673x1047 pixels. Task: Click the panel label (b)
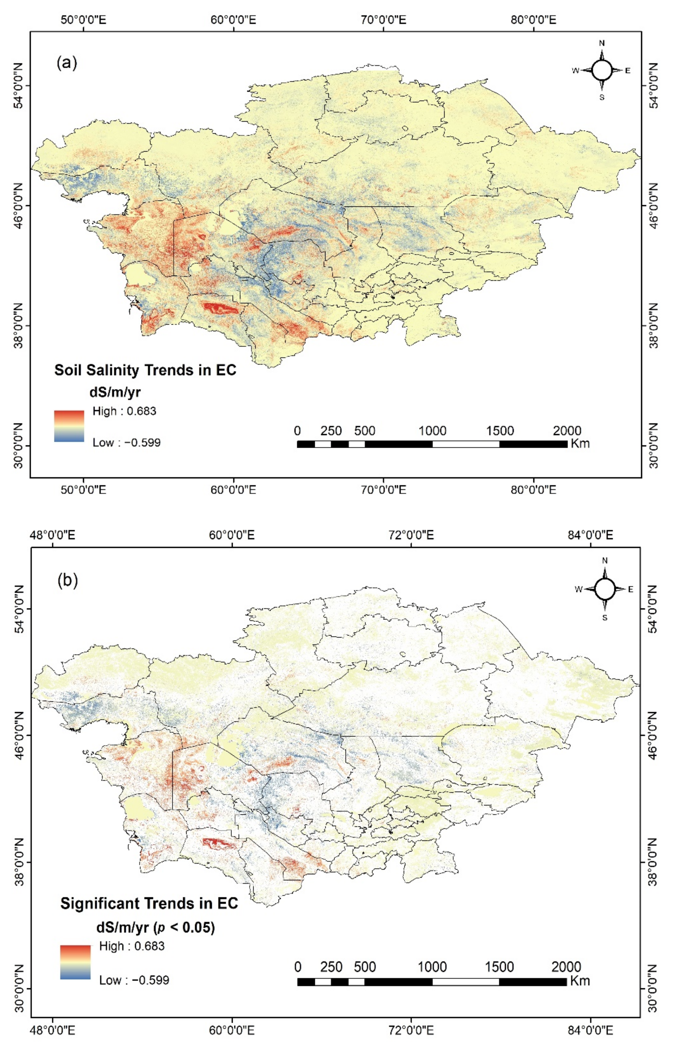[68, 580]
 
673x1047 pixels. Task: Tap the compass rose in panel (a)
[602, 70]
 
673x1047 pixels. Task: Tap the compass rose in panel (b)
[605, 588]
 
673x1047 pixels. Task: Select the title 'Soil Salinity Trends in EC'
[145, 370]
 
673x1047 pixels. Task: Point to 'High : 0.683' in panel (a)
[124, 411]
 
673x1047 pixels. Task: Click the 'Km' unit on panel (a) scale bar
[580, 444]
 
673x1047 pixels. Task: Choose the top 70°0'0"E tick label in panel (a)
[383, 20]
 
